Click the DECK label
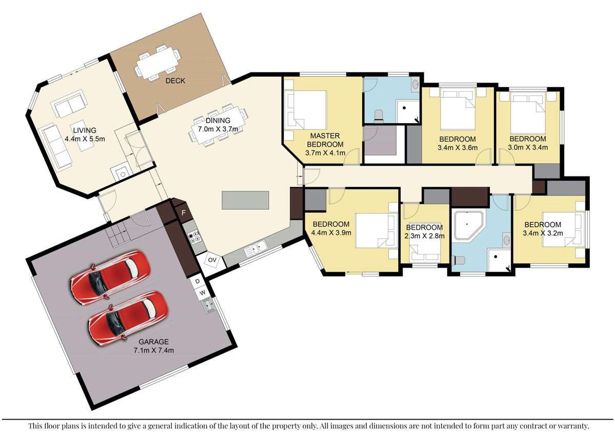[175, 81]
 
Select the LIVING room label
[84, 130]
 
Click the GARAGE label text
[153, 342]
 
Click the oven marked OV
[212, 260]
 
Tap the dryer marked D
[197, 281]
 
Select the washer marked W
[203, 292]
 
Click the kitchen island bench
[245, 200]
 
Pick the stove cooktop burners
[194, 237]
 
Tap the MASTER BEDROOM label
[325, 140]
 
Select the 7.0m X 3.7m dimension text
[218, 129]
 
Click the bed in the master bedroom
[306, 110]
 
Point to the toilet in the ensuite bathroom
[379, 114]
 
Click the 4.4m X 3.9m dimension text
[331, 232]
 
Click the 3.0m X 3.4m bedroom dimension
[528, 148]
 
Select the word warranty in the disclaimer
[572, 426]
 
